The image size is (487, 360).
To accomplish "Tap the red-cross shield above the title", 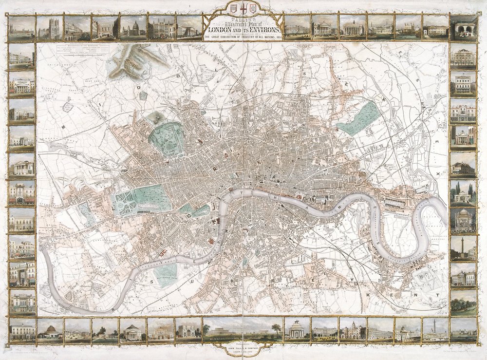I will (x=243, y=9).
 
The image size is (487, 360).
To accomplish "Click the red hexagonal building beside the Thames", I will (x=211, y=241).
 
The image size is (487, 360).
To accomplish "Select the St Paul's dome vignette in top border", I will (x=133, y=28).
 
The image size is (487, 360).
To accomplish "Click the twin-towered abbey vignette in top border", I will (x=50, y=28).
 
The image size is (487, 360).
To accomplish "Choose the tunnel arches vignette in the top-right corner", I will (x=463, y=28).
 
